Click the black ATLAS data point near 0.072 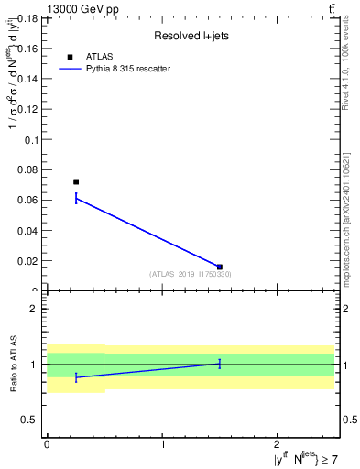tap(76, 181)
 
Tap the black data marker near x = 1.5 tap(220, 267)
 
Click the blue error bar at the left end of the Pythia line tap(76, 198)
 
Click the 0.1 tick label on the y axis tap(30, 140)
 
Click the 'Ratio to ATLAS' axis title tap(13, 364)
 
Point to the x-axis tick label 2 tap(277, 444)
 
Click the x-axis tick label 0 tap(47, 444)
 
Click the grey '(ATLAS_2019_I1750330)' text tap(191, 274)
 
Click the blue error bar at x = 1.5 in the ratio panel tap(220, 364)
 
